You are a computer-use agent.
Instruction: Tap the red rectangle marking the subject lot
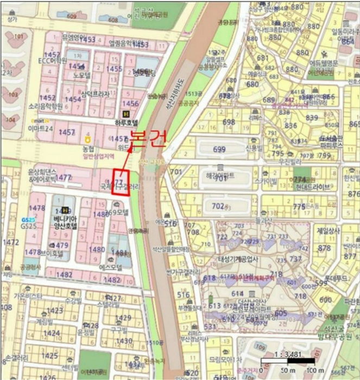[x=120, y=182]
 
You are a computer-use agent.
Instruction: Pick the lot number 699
[x=219, y=149]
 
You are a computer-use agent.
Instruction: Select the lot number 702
[x=218, y=206]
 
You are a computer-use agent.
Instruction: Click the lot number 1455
[x=115, y=69]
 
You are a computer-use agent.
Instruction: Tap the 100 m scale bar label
[x=323, y=370]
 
